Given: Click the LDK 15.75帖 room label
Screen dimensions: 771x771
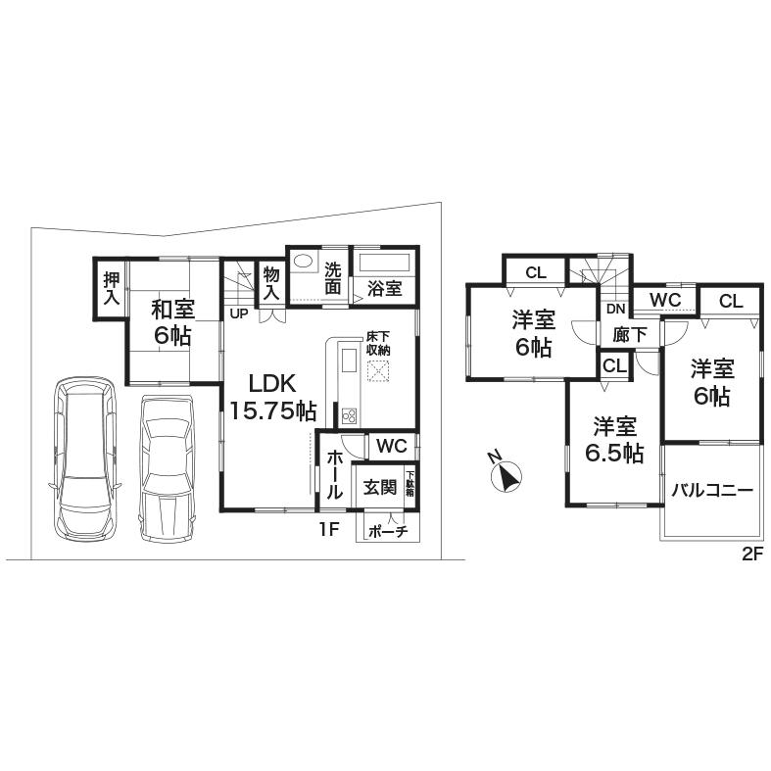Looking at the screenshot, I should click(271, 397).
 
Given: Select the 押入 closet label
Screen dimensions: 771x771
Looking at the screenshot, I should click(111, 288).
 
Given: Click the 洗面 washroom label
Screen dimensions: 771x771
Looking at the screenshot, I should click(334, 278).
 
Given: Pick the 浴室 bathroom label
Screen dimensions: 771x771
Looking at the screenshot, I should click(385, 288).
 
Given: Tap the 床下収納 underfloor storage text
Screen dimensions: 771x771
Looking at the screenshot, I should click(378, 343).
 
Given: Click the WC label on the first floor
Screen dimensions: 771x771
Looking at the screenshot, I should click(391, 445).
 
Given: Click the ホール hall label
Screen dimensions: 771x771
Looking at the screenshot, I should click(333, 475).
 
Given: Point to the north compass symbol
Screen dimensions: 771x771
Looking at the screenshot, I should click(506, 475).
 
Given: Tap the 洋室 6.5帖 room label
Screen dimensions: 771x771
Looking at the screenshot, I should click(616, 440).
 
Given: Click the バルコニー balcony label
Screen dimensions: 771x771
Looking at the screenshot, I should click(711, 490).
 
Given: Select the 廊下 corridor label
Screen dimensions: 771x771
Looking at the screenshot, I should click(629, 334).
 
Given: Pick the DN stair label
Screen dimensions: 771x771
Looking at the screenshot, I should click(615, 310).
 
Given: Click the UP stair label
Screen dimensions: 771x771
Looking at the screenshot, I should click(238, 313).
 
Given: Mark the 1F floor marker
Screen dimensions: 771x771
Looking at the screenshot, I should click(329, 529).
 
